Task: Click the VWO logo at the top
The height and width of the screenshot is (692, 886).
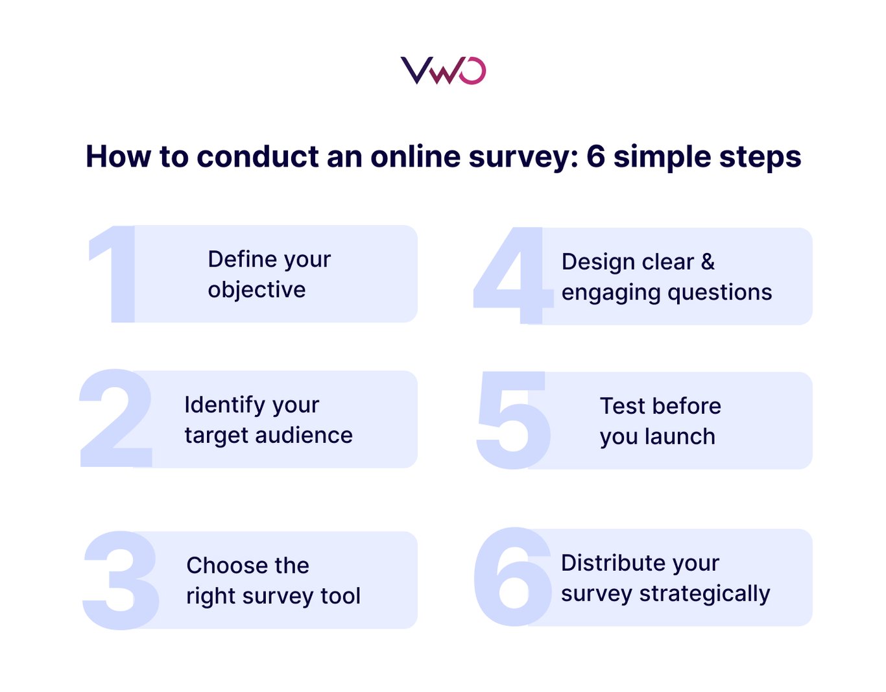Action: point(443,71)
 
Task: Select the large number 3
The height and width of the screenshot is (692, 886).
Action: point(121,579)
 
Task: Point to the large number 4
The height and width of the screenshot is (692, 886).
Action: point(512,276)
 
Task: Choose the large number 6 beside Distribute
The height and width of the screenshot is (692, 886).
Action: point(512,577)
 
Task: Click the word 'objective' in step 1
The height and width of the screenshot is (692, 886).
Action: point(256,290)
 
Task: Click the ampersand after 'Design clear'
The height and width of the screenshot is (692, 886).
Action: point(708,262)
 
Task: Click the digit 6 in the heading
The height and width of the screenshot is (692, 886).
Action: point(596,157)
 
